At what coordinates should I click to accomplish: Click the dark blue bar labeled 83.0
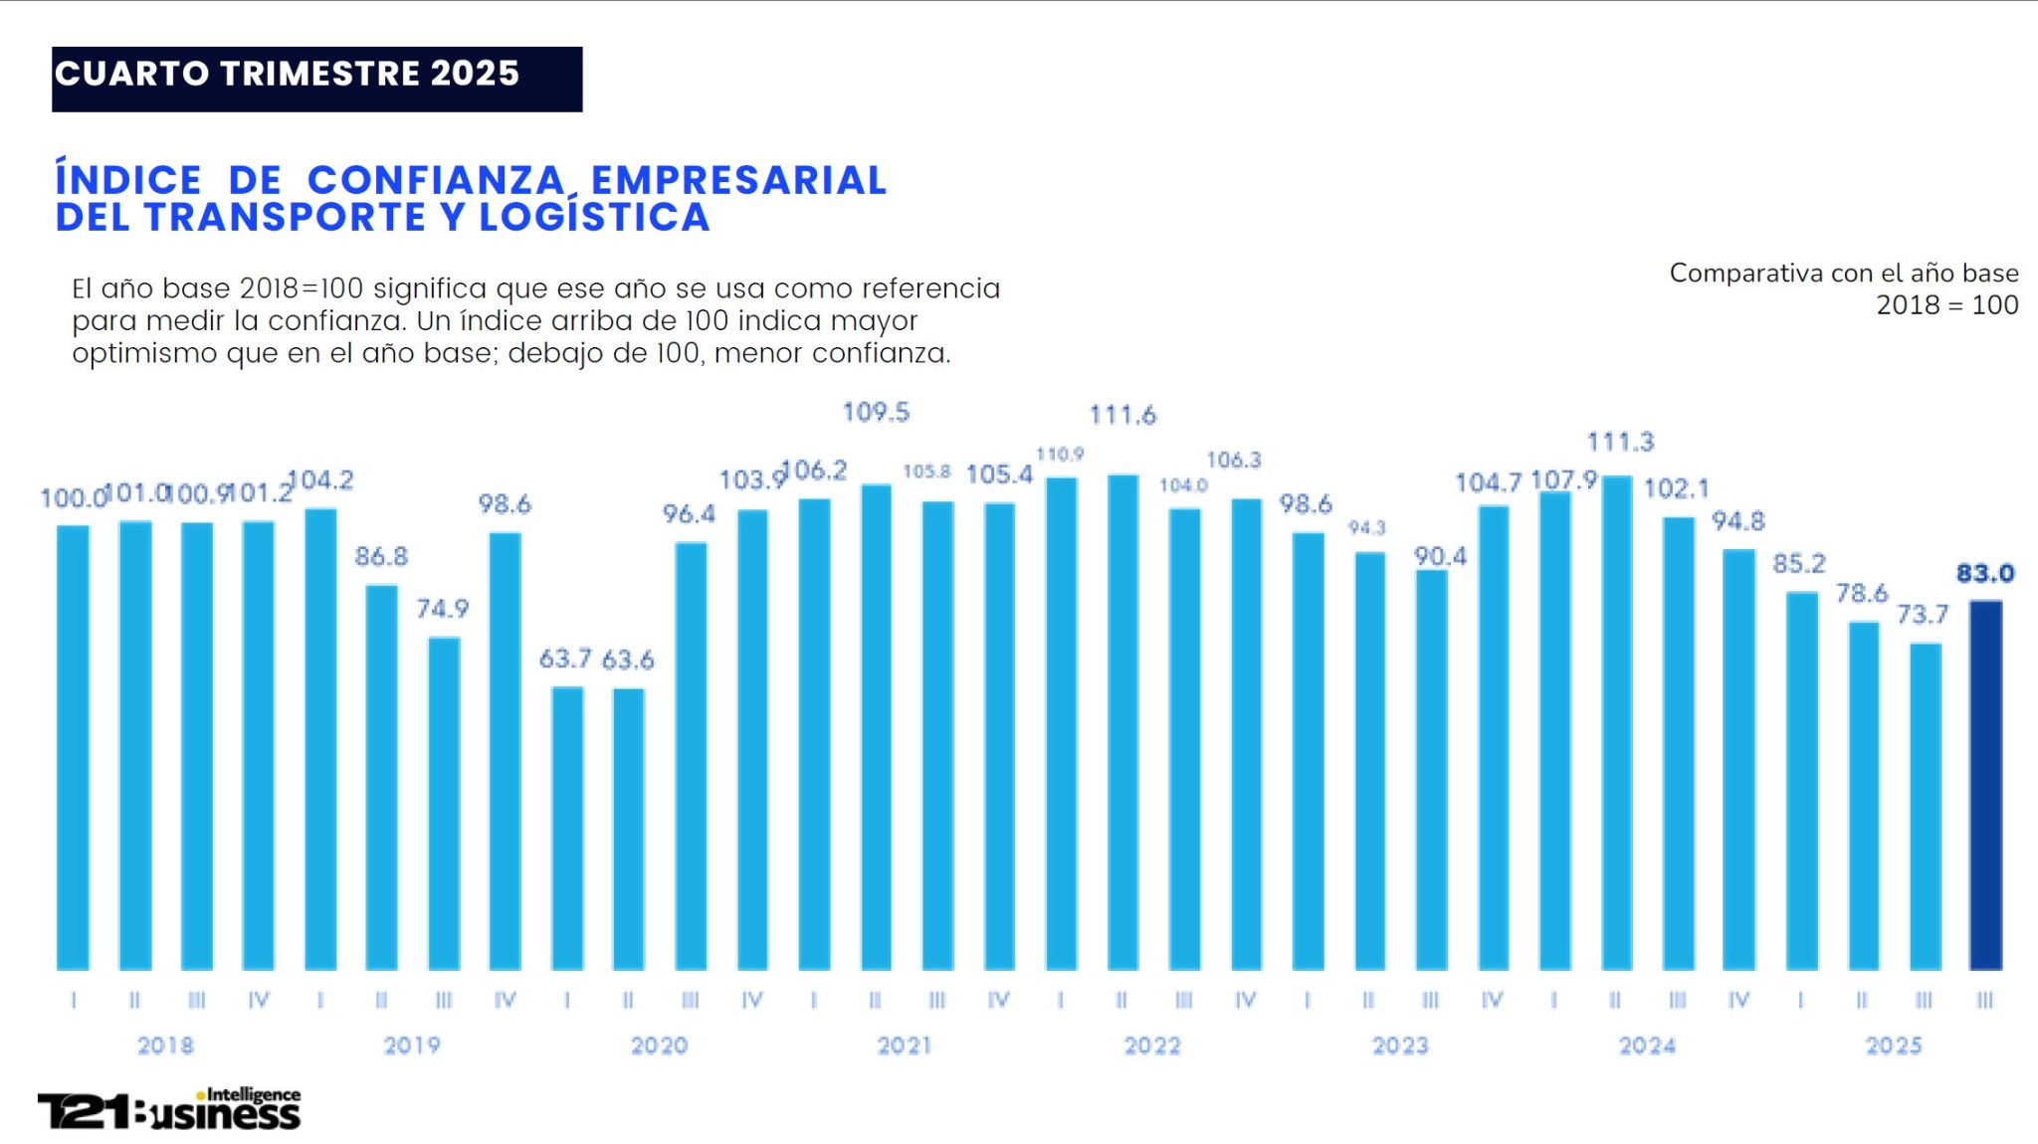click(x=1985, y=786)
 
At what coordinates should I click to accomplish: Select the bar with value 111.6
click(x=1122, y=721)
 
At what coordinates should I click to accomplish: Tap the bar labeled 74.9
click(x=444, y=804)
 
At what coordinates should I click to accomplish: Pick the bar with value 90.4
click(x=1431, y=770)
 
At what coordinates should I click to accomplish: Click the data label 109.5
click(x=876, y=412)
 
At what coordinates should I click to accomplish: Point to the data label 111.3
click(x=1620, y=442)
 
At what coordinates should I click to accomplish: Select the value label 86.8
click(x=381, y=556)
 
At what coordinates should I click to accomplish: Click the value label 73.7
click(x=1922, y=615)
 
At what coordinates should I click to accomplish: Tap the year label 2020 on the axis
click(x=659, y=1046)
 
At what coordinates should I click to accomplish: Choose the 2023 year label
click(x=1400, y=1046)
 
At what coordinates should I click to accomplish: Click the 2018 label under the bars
click(x=165, y=1046)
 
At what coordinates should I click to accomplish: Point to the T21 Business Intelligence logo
click(x=169, y=1109)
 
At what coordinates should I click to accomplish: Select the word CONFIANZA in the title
click(x=436, y=180)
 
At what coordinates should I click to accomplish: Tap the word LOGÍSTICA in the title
click(x=594, y=217)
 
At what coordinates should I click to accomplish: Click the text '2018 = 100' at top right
click(x=1946, y=305)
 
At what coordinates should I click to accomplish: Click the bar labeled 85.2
click(x=1801, y=781)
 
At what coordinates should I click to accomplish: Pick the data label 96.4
click(x=689, y=514)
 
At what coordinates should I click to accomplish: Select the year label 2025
click(x=1893, y=1046)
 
